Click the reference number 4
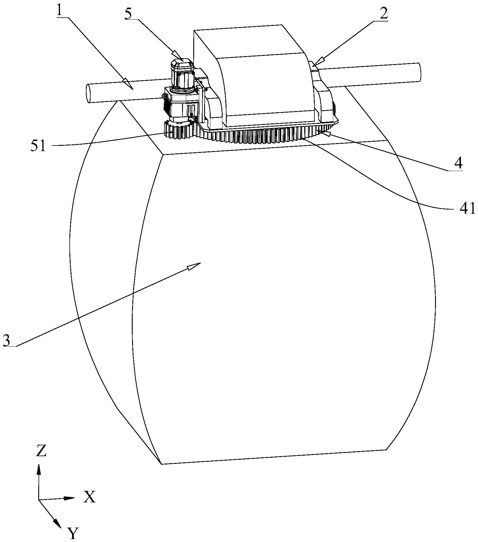click(458, 164)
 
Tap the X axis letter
click(89, 497)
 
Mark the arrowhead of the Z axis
click(39, 470)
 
